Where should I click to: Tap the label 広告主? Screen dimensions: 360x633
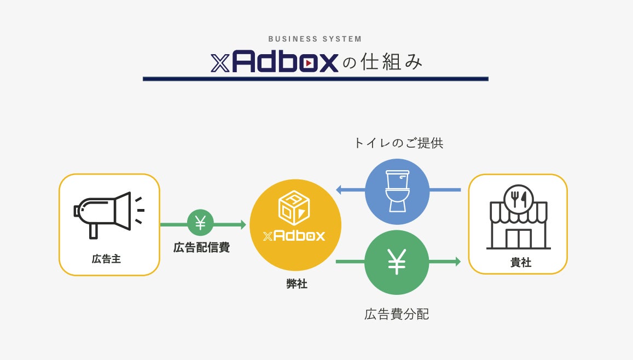106,259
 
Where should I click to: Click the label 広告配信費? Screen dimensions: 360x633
201,248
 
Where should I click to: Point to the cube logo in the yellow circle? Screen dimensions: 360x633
294,207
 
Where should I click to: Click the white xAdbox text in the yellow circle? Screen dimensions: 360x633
294,236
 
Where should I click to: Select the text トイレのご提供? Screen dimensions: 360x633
398,143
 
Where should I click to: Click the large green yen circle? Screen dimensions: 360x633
397,262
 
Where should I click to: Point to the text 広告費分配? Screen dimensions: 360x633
397,315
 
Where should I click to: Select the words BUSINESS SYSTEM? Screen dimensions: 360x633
315,39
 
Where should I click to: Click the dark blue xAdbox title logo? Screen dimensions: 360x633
275,63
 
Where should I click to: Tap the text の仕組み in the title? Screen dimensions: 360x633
383,63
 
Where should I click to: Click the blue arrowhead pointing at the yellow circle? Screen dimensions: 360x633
339,190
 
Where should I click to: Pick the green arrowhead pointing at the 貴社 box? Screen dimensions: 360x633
457,262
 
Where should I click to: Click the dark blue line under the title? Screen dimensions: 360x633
315,79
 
